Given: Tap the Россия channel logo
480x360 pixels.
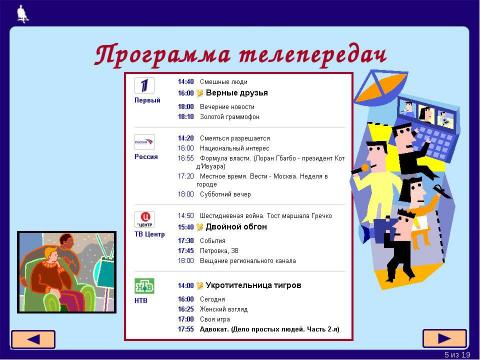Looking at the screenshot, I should tap(145, 142).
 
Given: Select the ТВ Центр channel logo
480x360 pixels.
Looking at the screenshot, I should tap(145, 219).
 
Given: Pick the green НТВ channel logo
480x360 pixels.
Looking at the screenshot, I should tap(145, 286).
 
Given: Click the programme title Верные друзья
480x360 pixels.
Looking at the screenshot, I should tap(236, 92).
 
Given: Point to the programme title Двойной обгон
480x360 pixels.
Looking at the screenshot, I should tap(236, 227).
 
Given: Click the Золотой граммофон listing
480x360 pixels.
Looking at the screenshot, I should tap(229, 117).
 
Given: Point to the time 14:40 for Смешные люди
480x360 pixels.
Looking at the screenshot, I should tap(185, 81).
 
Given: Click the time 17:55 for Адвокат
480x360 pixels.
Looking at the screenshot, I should tap(185, 329).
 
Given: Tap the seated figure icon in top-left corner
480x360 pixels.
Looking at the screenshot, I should tap(23, 12).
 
